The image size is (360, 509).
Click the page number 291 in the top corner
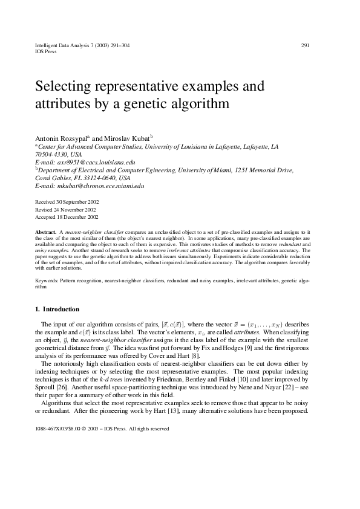305,45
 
